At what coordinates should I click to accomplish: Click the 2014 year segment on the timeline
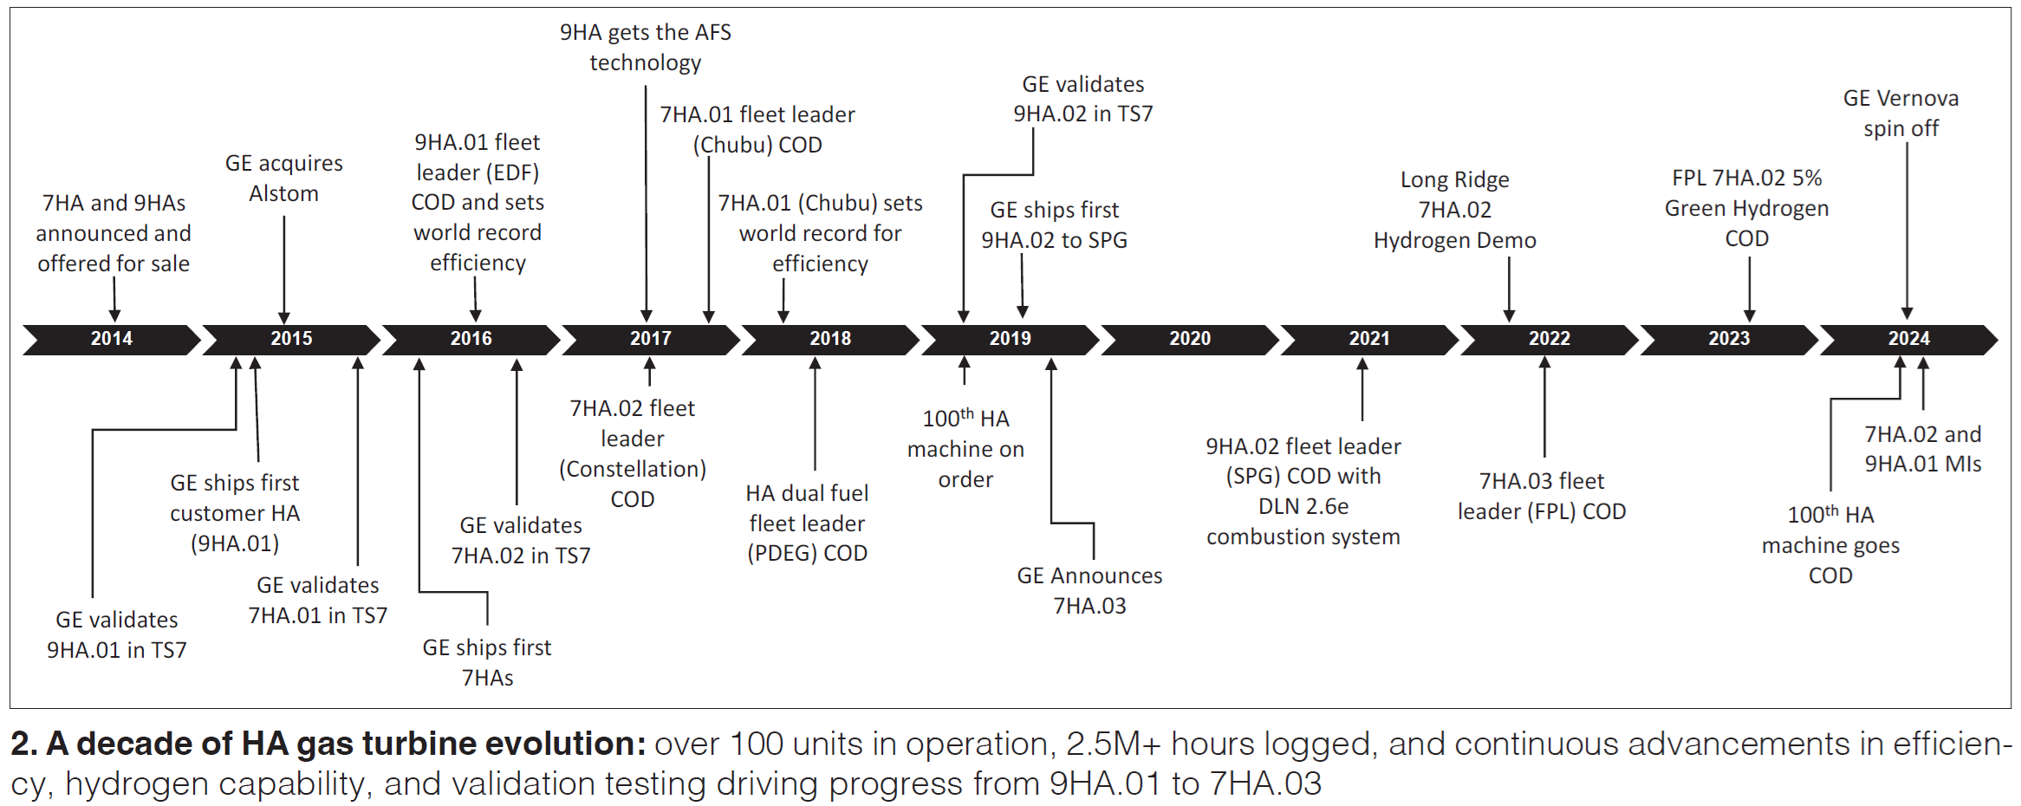click(112, 339)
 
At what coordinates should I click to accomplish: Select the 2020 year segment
click(1190, 339)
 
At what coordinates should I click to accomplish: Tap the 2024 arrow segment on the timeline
click(1909, 339)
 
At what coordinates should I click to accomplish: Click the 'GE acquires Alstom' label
click(284, 179)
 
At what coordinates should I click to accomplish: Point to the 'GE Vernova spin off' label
click(1901, 113)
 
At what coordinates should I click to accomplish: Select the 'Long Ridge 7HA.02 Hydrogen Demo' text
click(1455, 210)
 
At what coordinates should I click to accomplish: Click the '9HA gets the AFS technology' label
click(646, 47)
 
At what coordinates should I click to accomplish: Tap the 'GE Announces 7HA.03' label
click(1090, 590)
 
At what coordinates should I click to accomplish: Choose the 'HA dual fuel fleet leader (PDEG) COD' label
click(808, 523)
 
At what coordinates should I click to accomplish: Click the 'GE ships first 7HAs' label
click(487, 662)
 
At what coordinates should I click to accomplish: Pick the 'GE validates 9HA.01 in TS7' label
click(117, 634)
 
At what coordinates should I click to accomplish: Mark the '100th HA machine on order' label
click(966, 448)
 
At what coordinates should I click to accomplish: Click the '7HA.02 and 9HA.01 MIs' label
click(1923, 449)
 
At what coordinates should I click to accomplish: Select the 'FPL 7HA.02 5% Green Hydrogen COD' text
click(1747, 208)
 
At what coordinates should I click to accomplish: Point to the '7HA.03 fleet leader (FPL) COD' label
click(1542, 496)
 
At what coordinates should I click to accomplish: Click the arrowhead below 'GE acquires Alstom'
click(284, 318)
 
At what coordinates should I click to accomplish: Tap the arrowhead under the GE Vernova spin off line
click(1907, 314)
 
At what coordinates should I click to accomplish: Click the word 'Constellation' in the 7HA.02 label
click(633, 469)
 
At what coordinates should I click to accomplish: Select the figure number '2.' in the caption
click(24, 744)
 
